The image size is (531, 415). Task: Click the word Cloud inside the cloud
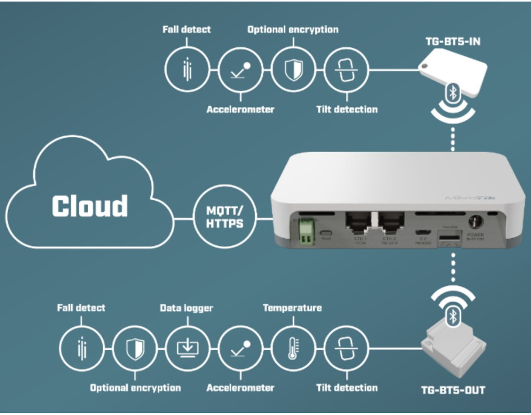(x=90, y=206)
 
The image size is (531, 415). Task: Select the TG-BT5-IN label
(x=452, y=41)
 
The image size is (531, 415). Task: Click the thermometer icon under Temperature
(x=292, y=347)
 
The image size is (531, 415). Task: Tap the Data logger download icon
(x=187, y=347)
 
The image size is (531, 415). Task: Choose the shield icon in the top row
(x=293, y=70)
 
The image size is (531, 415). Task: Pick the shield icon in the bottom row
(x=134, y=347)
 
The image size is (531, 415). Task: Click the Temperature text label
(x=292, y=308)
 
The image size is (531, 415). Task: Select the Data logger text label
(x=186, y=308)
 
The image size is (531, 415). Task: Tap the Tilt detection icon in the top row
(x=346, y=70)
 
